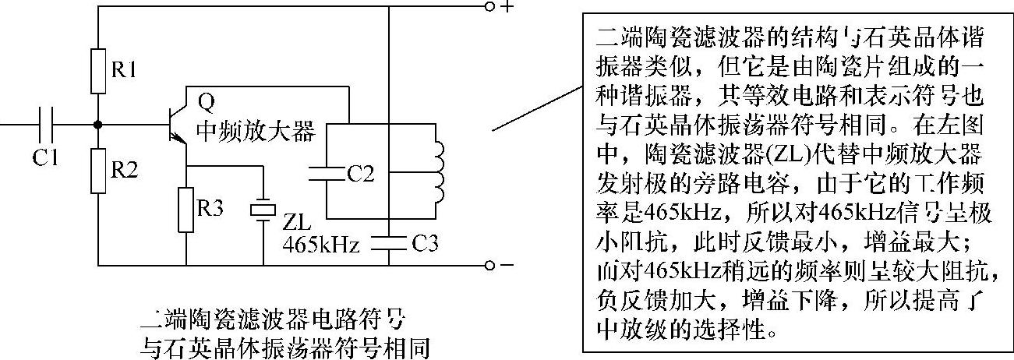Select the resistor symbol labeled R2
[x=98, y=169]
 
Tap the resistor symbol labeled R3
[x=186, y=208]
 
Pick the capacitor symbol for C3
[x=388, y=242]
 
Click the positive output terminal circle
[x=489, y=8]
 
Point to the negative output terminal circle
[x=489, y=265]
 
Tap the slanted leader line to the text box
[x=537, y=108]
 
